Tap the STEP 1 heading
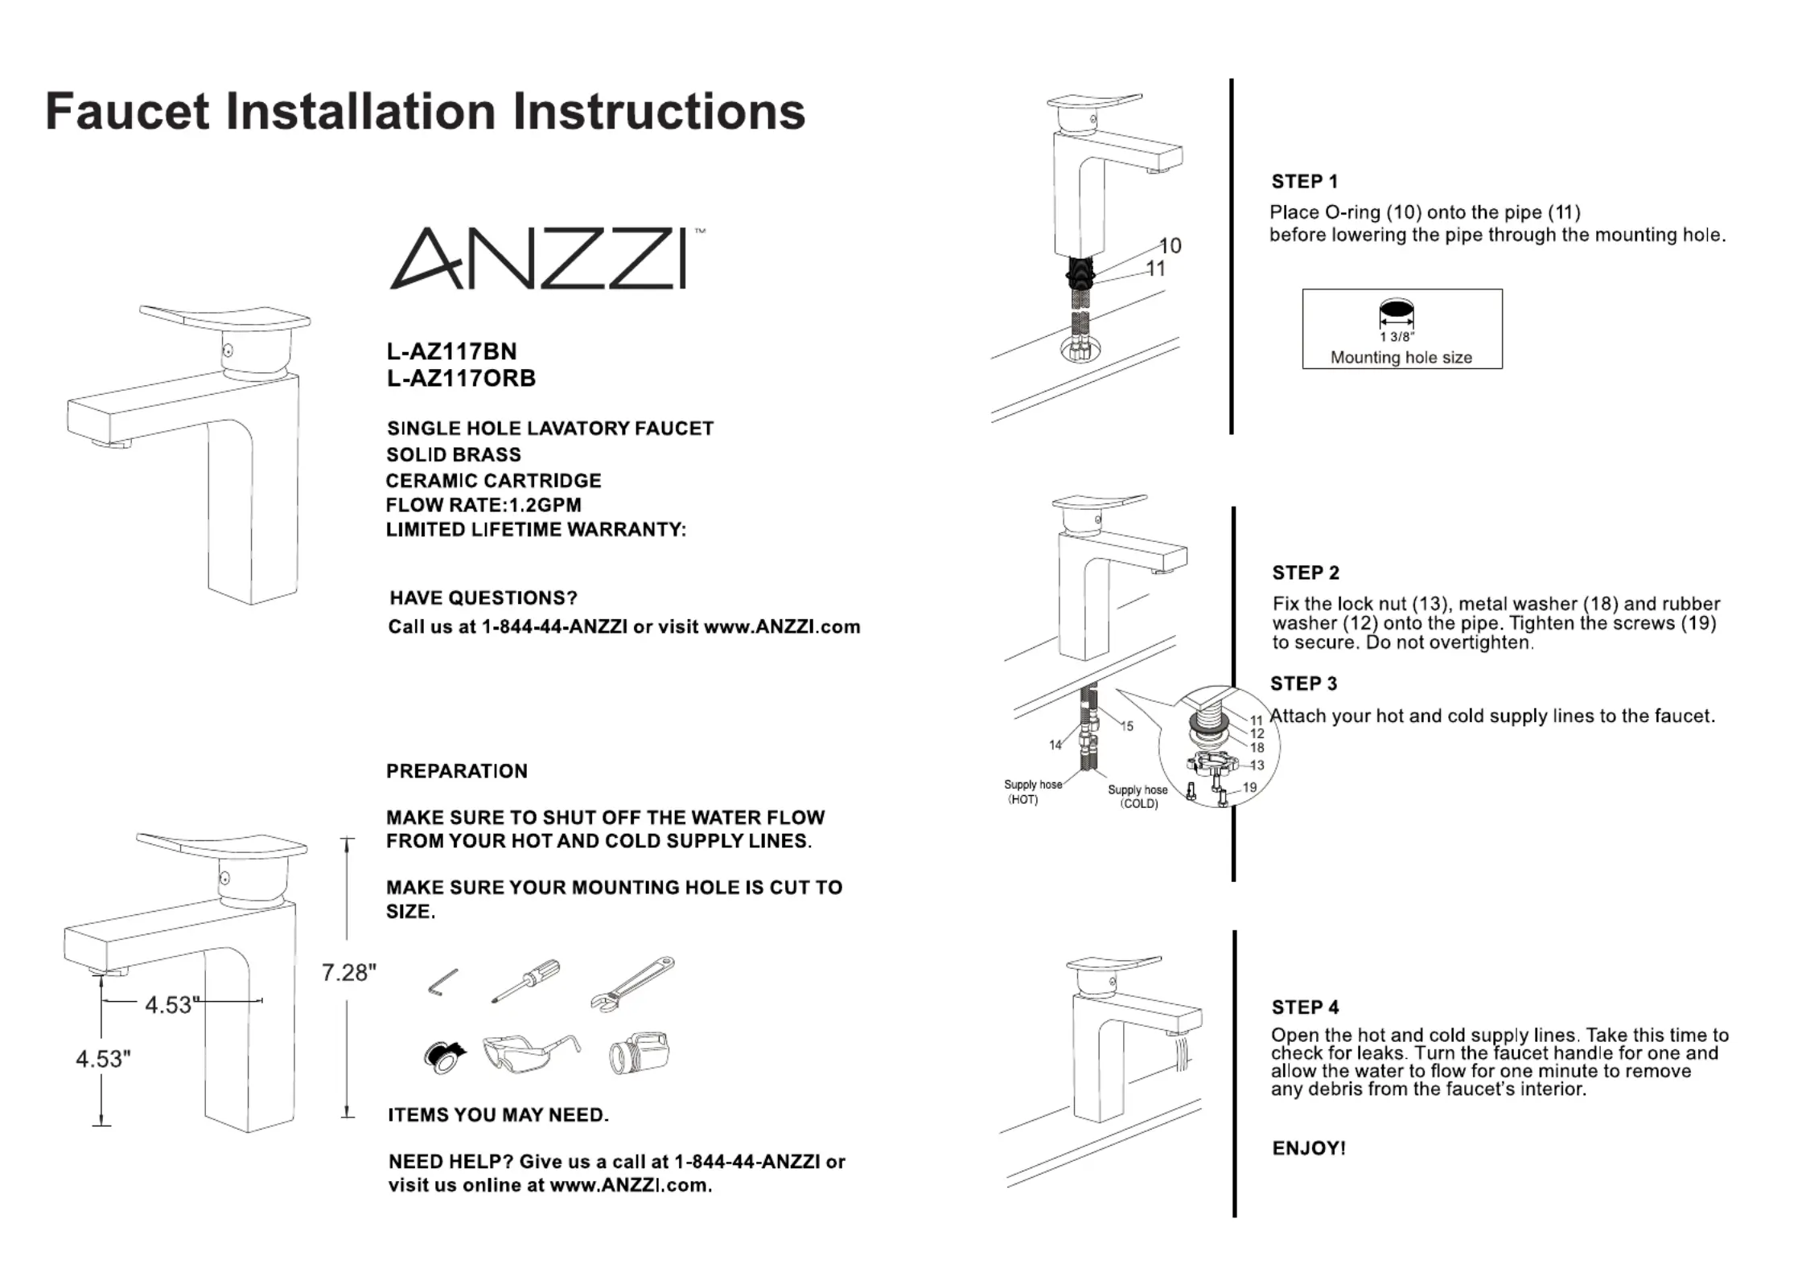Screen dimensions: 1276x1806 pyautogui.click(x=1304, y=182)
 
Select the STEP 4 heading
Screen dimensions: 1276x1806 pyautogui.click(x=1305, y=1007)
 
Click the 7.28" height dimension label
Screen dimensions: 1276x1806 pyautogui.click(x=348, y=973)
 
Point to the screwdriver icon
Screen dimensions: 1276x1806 pyautogui.click(x=526, y=981)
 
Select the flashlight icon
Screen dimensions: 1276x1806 pyautogui.click(x=639, y=1053)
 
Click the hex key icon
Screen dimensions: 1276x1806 pyautogui.click(x=442, y=983)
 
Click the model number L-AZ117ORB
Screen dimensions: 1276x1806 pyautogui.click(x=461, y=379)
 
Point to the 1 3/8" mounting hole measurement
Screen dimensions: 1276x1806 pyautogui.click(x=1397, y=338)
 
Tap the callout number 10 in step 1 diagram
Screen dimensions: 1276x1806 pyautogui.click(x=1170, y=245)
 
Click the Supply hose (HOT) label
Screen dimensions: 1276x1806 pyautogui.click(x=1032, y=792)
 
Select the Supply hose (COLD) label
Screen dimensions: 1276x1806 pyautogui.click(x=1137, y=797)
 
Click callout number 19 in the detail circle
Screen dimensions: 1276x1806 pyautogui.click(x=1249, y=787)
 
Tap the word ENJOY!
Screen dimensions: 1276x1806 pyautogui.click(x=1309, y=1148)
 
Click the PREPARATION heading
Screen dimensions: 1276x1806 pyautogui.click(x=457, y=771)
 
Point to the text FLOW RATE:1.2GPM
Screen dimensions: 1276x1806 pyautogui.click(x=483, y=505)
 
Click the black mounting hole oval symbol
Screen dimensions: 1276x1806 pyautogui.click(x=1397, y=310)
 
